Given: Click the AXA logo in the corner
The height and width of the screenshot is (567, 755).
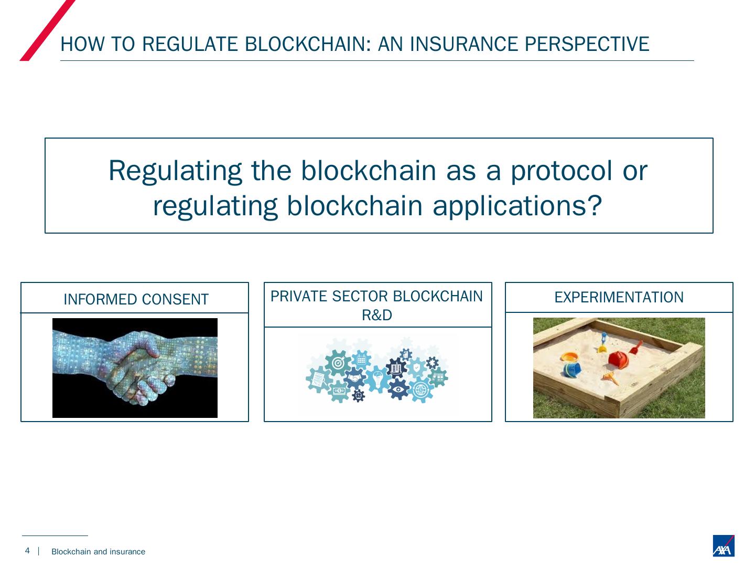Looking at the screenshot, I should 723,546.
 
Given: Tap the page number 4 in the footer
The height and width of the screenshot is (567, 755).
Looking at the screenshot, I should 27,551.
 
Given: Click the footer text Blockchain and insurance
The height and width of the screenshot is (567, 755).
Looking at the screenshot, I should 98,552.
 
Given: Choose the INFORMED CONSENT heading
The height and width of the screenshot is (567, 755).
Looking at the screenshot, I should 136,299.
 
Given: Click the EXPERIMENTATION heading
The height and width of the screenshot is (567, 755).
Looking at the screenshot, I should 619,297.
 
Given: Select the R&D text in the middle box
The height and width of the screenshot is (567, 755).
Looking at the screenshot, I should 377,315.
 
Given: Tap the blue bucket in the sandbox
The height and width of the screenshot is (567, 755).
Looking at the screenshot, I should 571,369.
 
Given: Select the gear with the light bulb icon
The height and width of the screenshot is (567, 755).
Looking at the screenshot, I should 377,377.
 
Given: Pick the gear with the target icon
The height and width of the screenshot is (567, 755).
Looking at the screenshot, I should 338,363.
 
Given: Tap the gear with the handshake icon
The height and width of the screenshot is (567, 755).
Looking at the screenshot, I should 355,377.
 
